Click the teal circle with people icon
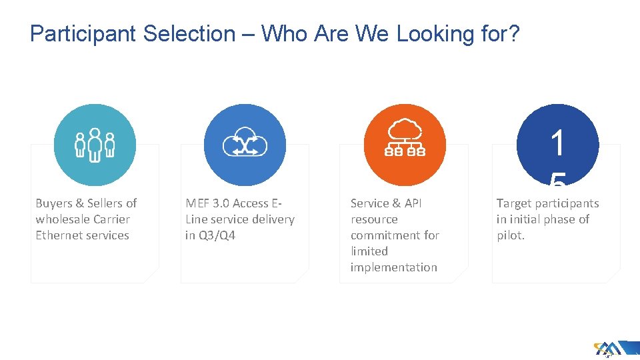click(95, 145)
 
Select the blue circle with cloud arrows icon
click(245, 145)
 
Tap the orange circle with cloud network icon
click(405, 145)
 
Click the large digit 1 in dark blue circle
click(558, 142)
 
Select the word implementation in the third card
click(394, 267)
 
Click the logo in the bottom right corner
click(607, 349)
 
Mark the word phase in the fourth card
click(559, 219)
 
